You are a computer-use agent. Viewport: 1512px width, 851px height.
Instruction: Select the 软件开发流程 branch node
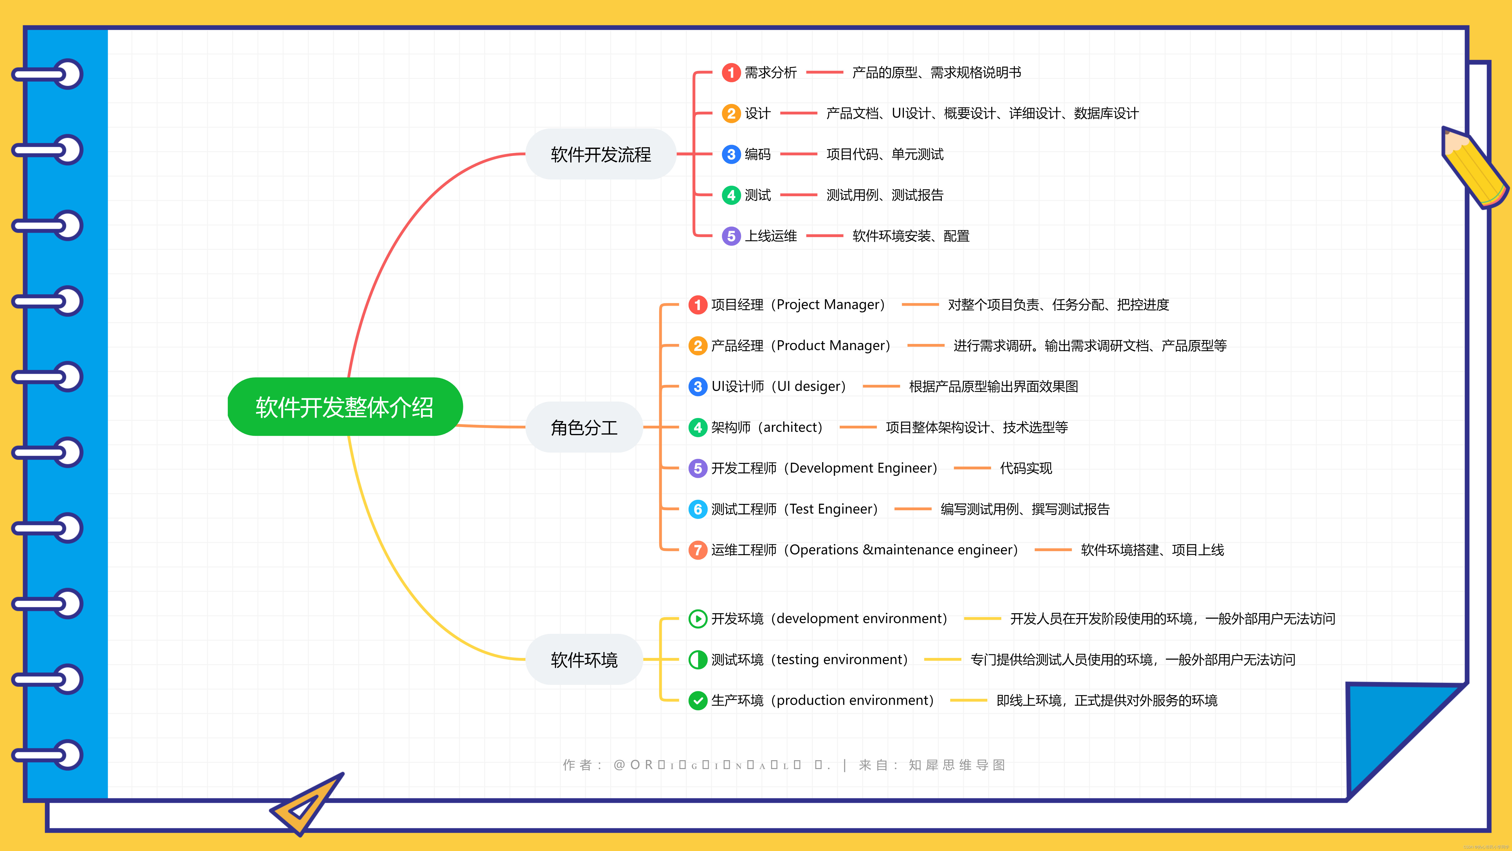coord(600,154)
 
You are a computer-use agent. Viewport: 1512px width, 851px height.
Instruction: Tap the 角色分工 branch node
coord(584,427)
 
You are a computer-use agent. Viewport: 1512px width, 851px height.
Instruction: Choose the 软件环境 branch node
coord(584,660)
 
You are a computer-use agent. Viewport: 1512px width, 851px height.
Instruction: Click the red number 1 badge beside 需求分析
coord(731,73)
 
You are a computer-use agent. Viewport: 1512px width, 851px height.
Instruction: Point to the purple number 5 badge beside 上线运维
coord(731,236)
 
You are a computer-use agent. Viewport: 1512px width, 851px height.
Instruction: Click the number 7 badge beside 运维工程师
coord(697,550)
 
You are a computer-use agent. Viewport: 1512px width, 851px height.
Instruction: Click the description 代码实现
coord(1025,468)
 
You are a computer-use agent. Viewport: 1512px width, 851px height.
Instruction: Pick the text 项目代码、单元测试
coord(885,154)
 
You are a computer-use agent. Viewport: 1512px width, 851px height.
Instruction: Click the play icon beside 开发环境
coord(697,619)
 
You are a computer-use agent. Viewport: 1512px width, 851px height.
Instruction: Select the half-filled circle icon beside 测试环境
coord(697,660)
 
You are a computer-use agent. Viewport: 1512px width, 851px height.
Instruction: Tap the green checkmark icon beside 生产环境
coord(697,701)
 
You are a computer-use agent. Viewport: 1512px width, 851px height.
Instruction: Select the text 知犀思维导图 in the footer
coord(957,765)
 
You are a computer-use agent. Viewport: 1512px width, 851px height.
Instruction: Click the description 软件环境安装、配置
coord(910,236)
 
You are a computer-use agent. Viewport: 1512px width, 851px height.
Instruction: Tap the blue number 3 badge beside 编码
coord(731,154)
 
